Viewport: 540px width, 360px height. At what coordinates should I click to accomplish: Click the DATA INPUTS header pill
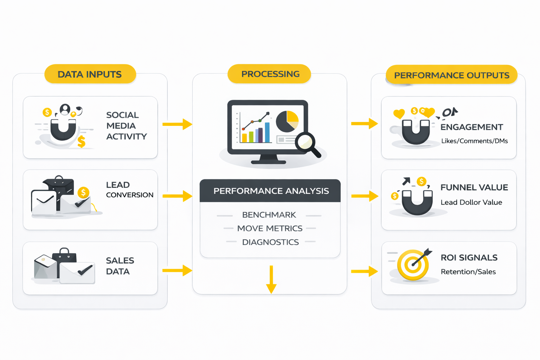(90, 74)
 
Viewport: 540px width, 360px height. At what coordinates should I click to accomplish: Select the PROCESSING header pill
(270, 74)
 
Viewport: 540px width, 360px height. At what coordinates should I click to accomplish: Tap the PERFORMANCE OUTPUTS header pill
(451, 75)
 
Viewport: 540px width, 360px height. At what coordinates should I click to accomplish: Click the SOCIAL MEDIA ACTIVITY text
(126, 126)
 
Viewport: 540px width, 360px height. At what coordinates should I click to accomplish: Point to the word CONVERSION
(130, 195)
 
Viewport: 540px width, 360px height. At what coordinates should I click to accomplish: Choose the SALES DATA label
(120, 266)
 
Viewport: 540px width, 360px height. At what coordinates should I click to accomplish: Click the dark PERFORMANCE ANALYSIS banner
(270, 191)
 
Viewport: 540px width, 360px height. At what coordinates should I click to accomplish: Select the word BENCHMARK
(269, 215)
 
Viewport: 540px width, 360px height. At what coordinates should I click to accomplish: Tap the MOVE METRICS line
(270, 229)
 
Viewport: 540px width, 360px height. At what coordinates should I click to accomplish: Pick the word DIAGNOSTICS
(270, 242)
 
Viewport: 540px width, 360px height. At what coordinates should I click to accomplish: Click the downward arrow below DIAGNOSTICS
(271, 279)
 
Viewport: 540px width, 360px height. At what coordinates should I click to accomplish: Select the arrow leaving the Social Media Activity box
(178, 124)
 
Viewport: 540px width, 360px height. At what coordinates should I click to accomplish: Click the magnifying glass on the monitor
(307, 143)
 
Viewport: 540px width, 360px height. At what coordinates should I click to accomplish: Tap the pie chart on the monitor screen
(287, 121)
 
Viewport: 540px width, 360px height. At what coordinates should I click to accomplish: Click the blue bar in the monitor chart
(267, 132)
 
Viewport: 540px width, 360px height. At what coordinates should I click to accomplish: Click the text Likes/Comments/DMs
(474, 141)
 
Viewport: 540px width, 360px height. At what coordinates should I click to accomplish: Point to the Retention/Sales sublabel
(468, 272)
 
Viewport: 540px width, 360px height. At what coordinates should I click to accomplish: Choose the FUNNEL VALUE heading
(474, 187)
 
